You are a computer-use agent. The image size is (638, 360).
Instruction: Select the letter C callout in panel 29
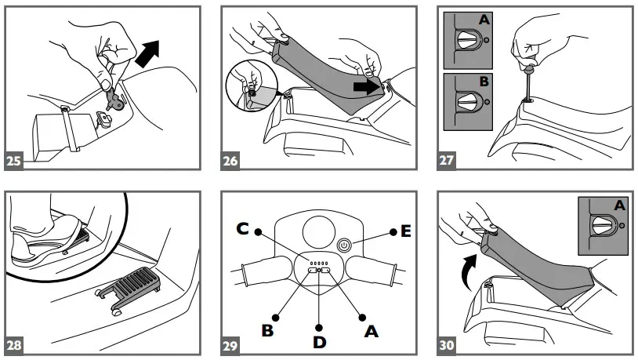[244, 230]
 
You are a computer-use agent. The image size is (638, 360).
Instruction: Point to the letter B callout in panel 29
[267, 331]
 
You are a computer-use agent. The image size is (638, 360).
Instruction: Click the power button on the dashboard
[344, 245]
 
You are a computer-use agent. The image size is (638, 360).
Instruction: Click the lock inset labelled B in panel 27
[467, 101]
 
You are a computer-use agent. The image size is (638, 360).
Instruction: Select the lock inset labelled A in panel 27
[467, 40]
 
